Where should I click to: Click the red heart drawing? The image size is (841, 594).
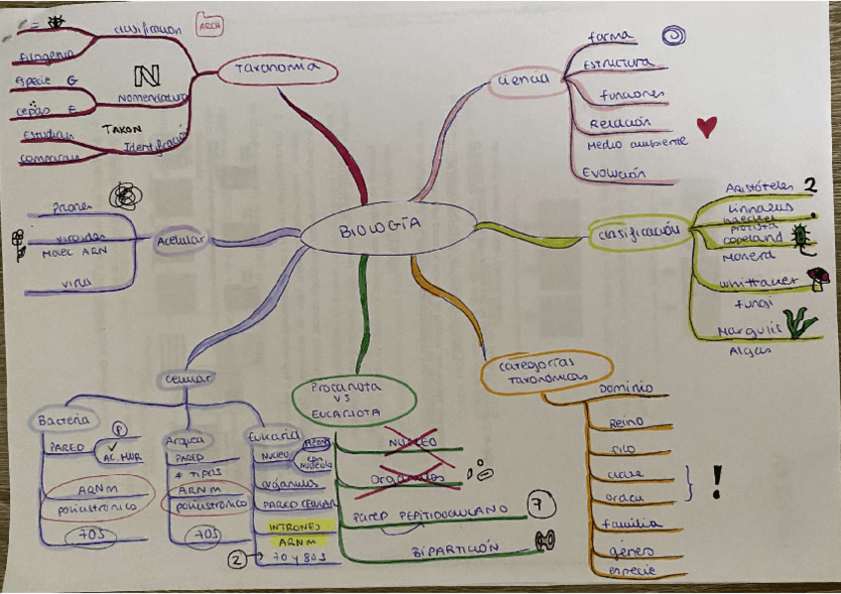point(706,126)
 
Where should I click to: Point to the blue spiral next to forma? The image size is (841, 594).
point(674,37)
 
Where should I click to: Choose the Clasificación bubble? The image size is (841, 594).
point(639,234)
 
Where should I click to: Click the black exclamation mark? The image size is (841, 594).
point(717,482)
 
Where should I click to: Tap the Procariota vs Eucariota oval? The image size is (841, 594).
point(353,398)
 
